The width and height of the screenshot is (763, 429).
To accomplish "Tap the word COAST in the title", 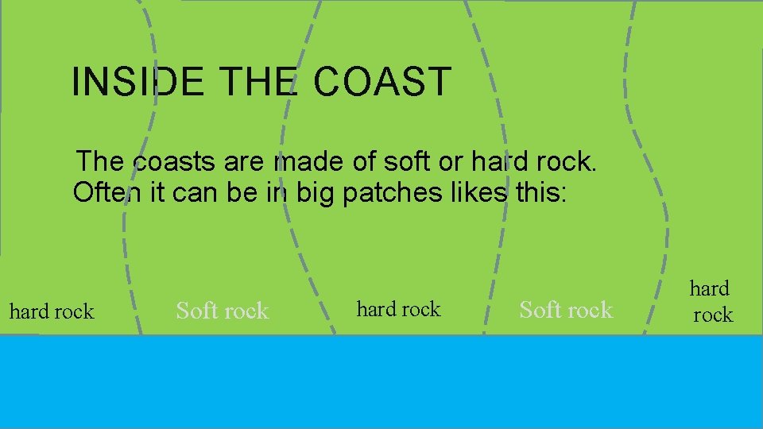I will [382, 82].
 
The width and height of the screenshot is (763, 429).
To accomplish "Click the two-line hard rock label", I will [711, 301].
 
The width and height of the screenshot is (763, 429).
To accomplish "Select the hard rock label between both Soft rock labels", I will [398, 309].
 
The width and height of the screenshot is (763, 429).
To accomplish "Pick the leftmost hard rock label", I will [52, 311].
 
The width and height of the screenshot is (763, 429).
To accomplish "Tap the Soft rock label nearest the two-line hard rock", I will [566, 309].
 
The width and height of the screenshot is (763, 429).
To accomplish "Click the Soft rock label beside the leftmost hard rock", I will [223, 311].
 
